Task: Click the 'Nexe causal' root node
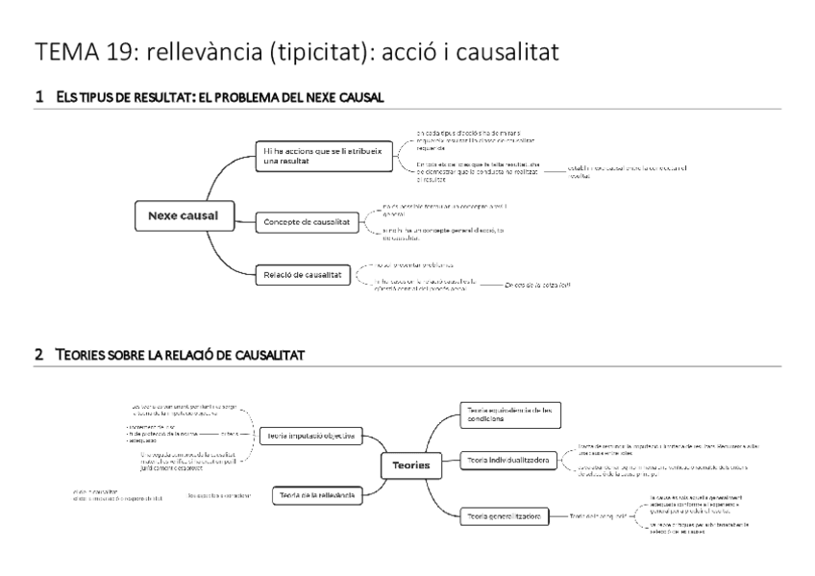(175, 215)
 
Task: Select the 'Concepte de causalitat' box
(306, 222)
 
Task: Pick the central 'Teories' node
(411, 464)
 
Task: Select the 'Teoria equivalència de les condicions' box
(510, 414)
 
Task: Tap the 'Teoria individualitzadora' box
(507, 462)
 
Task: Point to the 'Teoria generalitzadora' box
(504, 516)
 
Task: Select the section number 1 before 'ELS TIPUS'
(38, 97)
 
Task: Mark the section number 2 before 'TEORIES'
(38, 355)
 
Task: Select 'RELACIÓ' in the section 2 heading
(200, 355)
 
